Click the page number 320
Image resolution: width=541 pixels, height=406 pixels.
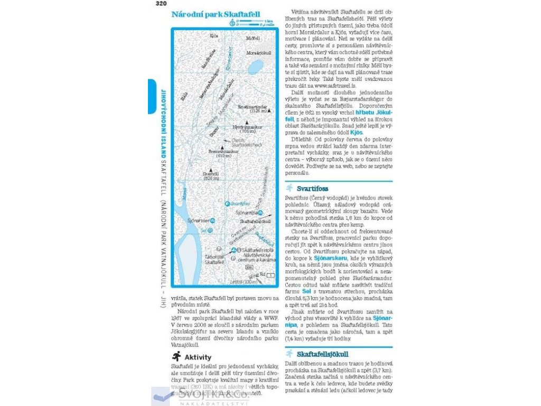(x=161, y=4)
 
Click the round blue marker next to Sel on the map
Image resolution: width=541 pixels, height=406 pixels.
(x=211, y=230)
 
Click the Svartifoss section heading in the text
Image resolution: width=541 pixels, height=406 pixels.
(x=312, y=188)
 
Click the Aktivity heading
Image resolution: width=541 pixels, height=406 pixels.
(x=198, y=357)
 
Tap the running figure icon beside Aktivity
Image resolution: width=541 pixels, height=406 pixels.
(x=176, y=357)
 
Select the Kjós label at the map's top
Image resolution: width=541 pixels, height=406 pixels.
(x=214, y=35)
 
